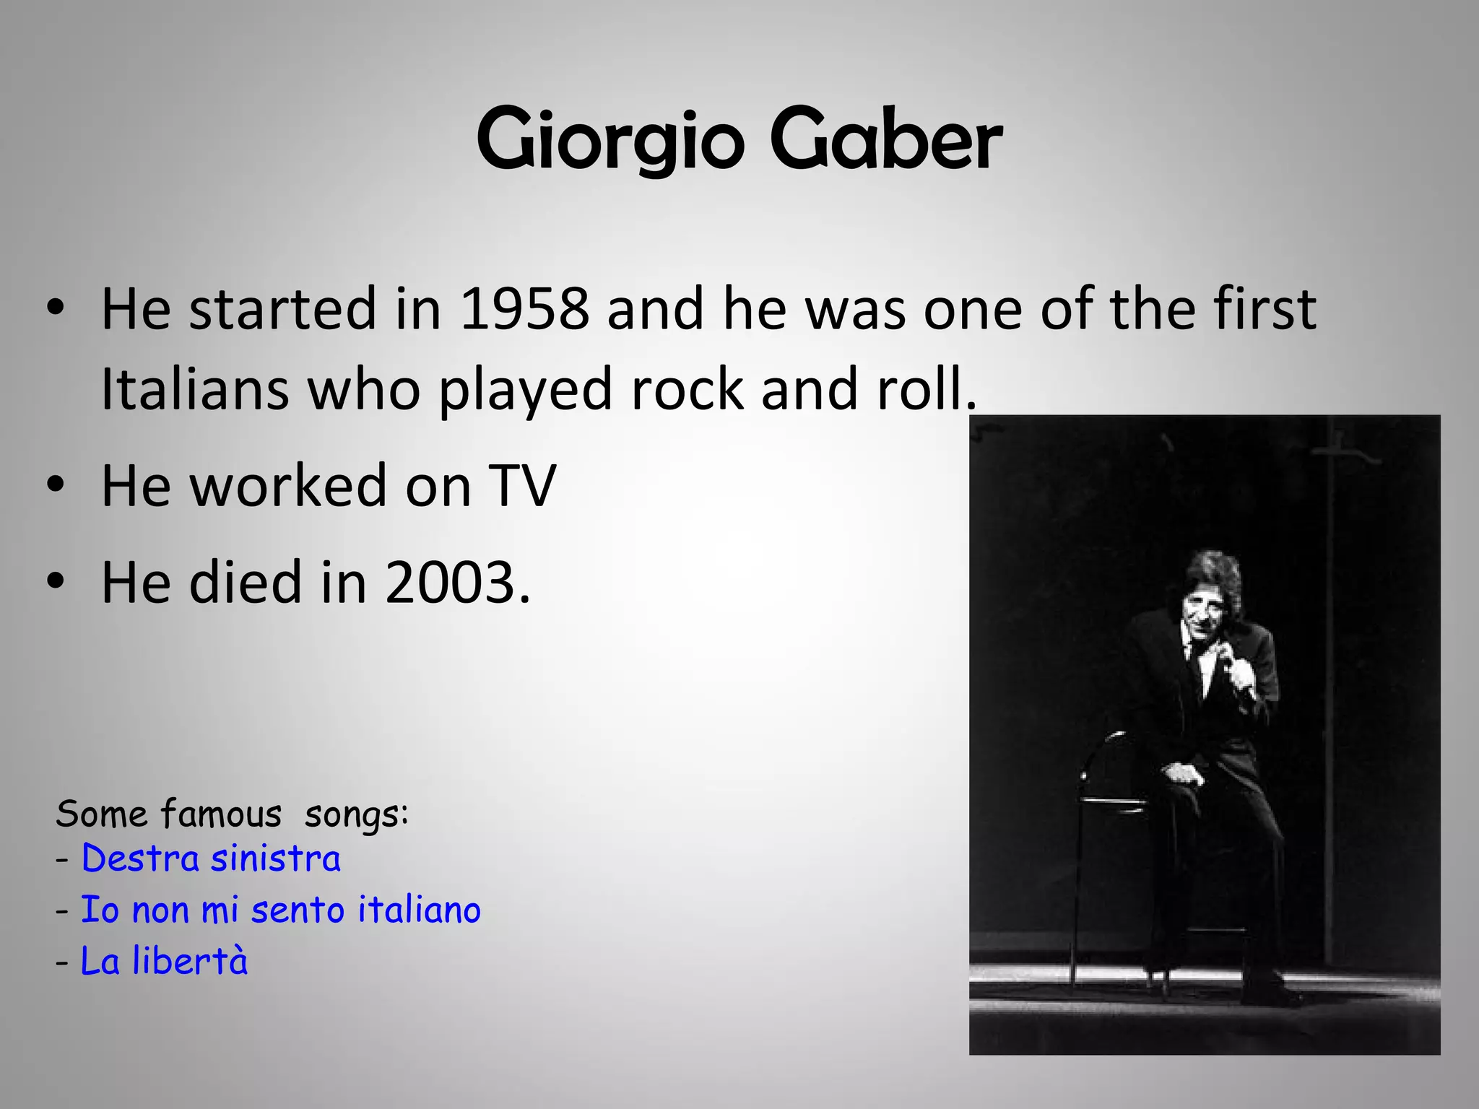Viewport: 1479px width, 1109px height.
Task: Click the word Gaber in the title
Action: pos(886,139)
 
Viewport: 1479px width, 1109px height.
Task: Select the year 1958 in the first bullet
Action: pos(524,309)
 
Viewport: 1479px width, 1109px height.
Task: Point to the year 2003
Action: pos(451,583)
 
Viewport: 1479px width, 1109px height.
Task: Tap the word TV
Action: pos(521,486)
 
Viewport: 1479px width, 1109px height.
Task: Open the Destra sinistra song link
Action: pos(211,859)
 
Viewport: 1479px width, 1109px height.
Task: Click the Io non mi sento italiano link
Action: pos(280,910)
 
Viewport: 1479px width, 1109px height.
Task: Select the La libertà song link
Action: pos(164,962)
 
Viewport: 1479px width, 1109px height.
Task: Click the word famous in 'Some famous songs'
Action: pos(221,815)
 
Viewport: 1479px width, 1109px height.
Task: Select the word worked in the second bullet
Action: pos(289,486)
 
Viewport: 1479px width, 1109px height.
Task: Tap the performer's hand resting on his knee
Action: pos(1183,774)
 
